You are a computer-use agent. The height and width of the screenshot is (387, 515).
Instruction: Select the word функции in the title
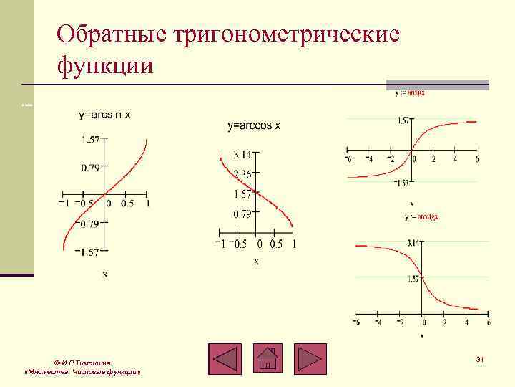click(105, 66)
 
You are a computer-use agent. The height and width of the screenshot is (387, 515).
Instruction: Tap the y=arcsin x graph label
click(104, 115)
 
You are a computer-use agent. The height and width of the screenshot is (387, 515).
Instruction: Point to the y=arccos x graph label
click(254, 126)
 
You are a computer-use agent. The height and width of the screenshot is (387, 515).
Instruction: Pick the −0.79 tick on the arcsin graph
click(89, 224)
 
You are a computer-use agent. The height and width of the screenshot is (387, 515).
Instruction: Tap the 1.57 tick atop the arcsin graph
click(90, 140)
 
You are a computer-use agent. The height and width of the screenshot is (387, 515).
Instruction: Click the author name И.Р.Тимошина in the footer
click(84, 363)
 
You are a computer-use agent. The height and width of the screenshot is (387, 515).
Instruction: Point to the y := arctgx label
click(410, 92)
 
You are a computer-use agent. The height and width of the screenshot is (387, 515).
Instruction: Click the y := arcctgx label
click(421, 216)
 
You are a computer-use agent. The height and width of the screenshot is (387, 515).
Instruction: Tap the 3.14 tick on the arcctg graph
click(413, 244)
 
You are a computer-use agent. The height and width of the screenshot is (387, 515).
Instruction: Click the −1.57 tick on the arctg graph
click(403, 183)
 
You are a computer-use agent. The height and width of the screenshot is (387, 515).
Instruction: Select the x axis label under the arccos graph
click(256, 262)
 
